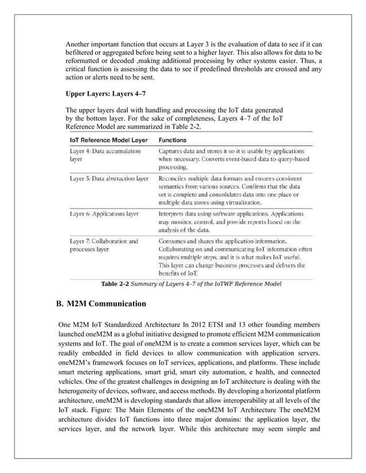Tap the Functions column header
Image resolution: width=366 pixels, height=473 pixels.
(174, 139)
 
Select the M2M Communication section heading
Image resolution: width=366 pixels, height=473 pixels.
(107, 303)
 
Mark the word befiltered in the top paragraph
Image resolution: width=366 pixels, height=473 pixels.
(83, 53)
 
